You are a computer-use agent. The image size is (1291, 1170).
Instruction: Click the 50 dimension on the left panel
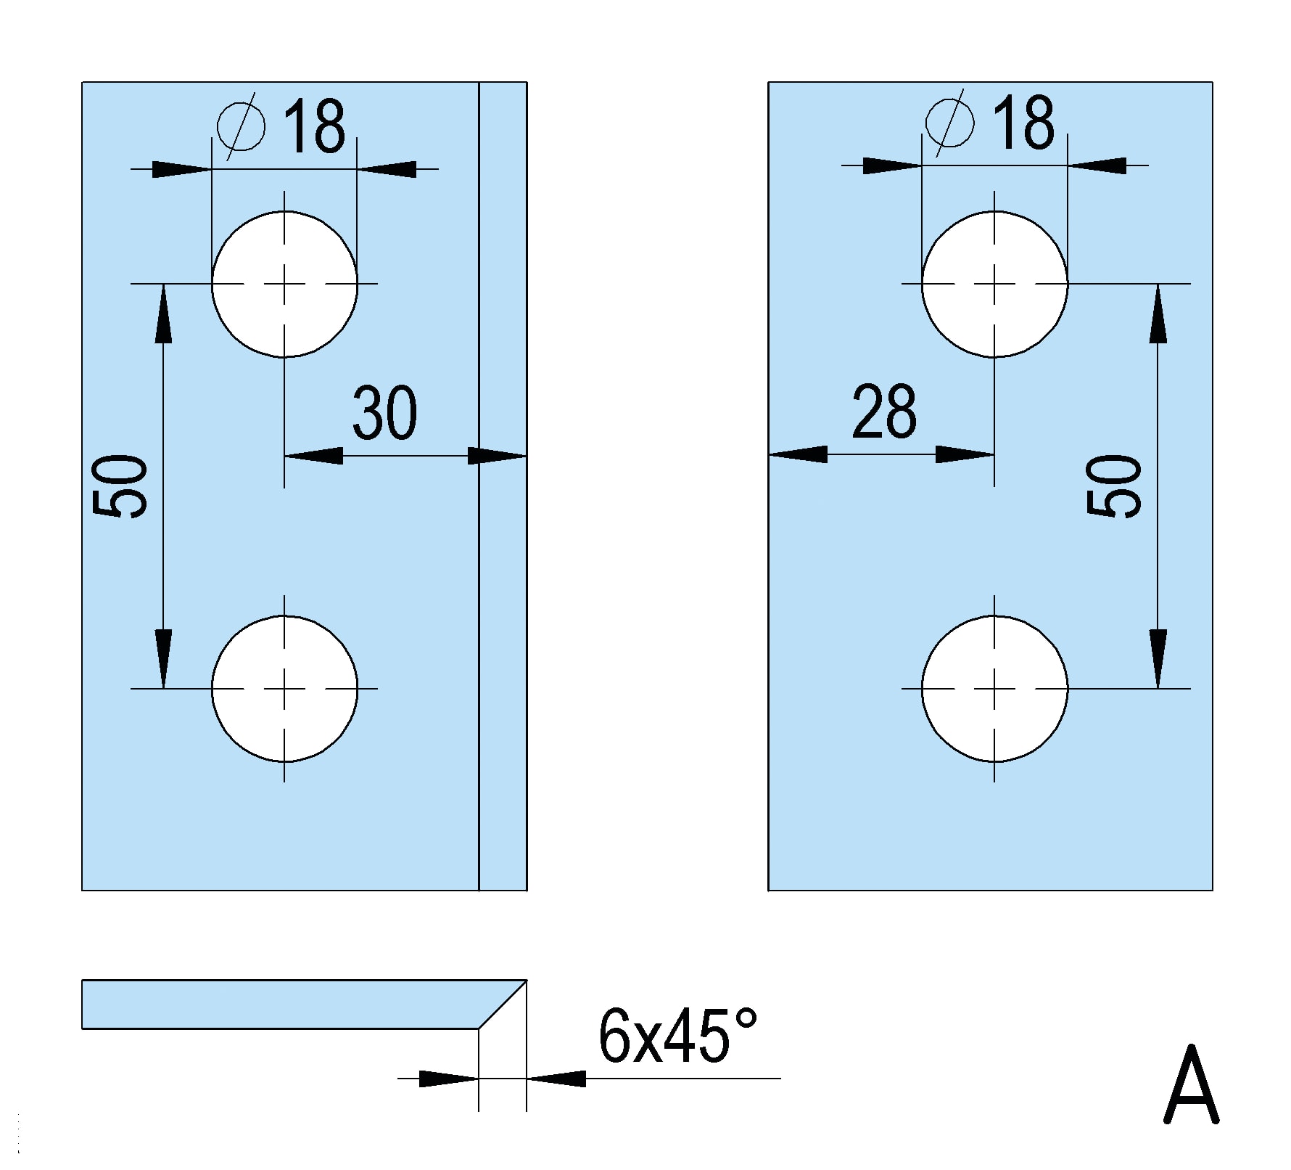[x=121, y=486]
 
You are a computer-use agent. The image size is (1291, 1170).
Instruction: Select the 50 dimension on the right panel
[x=1115, y=486]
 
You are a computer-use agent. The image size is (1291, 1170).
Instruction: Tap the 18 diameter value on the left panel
[x=314, y=126]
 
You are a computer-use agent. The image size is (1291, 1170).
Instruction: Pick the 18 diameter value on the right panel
[x=1024, y=123]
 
